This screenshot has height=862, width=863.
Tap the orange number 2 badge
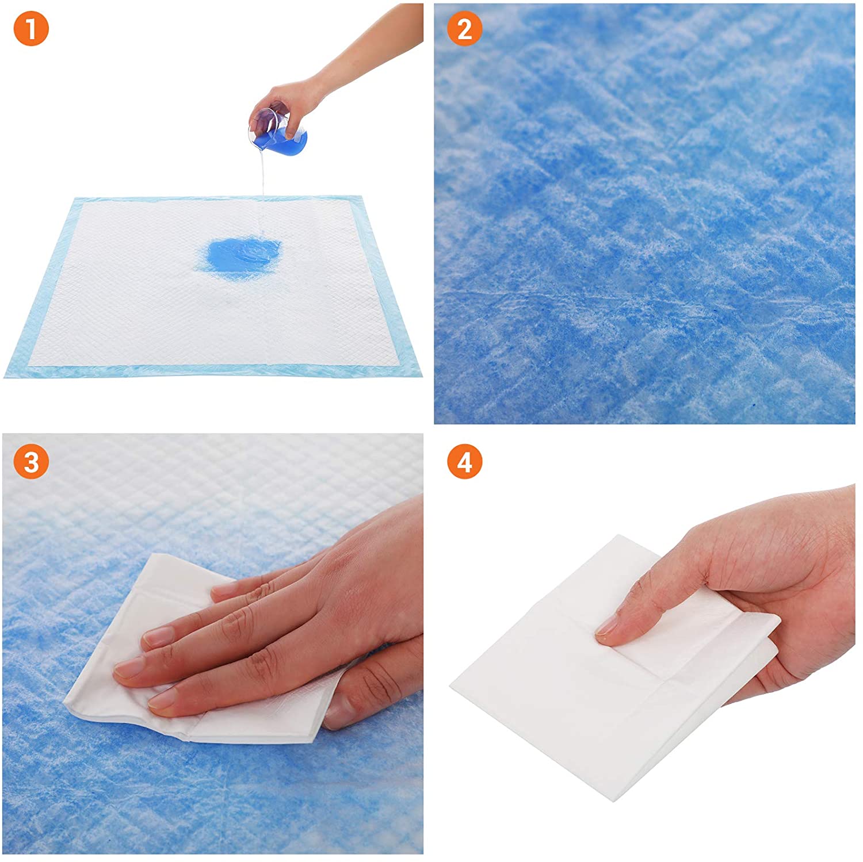464,29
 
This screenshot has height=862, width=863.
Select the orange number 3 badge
30,462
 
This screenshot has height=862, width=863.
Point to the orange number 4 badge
464,462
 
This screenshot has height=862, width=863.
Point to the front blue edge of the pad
213,371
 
